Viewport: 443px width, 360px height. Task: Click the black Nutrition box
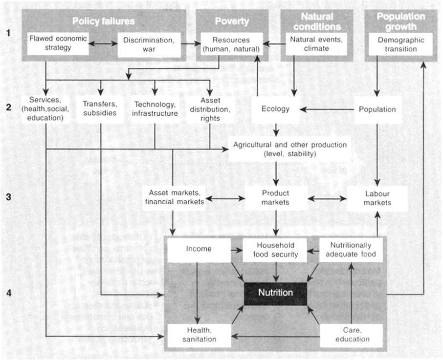(275, 293)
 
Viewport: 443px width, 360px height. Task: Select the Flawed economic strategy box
(57, 43)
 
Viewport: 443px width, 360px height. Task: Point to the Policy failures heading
(103, 21)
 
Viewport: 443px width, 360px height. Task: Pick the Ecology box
(275, 109)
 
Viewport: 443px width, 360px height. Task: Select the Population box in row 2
(377, 109)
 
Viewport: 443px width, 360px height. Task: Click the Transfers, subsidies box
(100, 108)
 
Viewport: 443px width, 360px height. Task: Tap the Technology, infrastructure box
(155, 108)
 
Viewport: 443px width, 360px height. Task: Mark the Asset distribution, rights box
(210, 108)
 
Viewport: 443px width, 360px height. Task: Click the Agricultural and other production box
(289, 149)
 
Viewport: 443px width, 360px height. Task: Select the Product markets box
(275, 198)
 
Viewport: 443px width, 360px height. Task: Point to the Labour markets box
(377, 198)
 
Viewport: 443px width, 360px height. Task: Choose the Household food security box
(275, 250)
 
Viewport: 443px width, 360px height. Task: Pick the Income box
(199, 249)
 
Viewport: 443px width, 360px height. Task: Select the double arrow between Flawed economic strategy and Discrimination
(103, 44)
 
